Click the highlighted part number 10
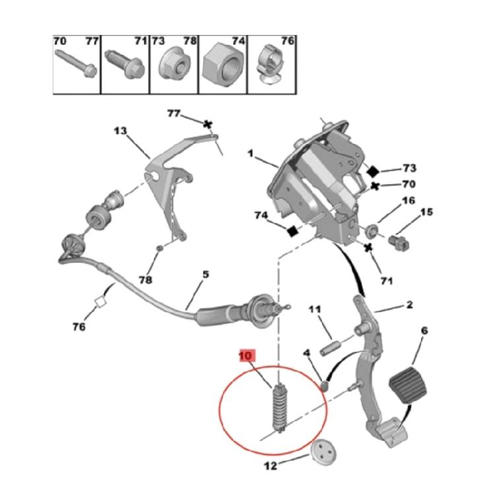click(x=247, y=356)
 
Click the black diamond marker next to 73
click(x=373, y=172)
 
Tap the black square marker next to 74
click(x=292, y=232)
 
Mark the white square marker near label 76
click(x=100, y=301)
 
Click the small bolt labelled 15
click(x=399, y=242)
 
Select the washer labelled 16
click(x=372, y=231)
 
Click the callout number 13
click(x=120, y=131)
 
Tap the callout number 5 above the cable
click(x=206, y=274)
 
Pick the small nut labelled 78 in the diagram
click(x=160, y=248)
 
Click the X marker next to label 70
click(x=375, y=186)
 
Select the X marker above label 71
click(x=368, y=247)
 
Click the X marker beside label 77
click(x=207, y=124)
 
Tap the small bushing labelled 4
click(x=325, y=385)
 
